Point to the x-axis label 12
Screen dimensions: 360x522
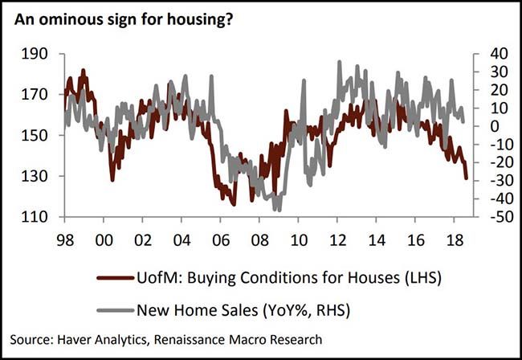pos(336,240)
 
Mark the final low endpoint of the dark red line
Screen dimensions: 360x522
pos(467,179)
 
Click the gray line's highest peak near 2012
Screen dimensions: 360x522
pos(340,62)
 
